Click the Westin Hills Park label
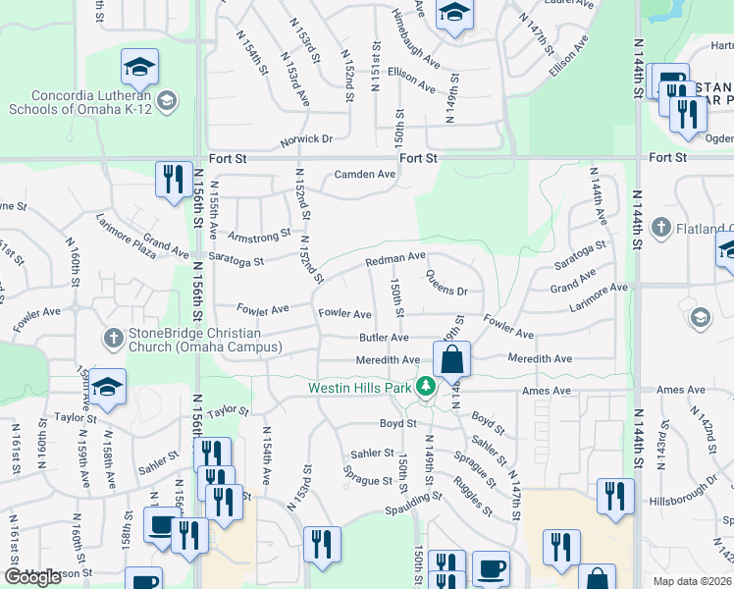pyautogui.click(x=360, y=388)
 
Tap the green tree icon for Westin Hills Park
pyautogui.click(x=426, y=387)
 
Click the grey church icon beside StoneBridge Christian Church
pyautogui.click(x=114, y=340)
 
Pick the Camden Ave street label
pyautogui.click(x=364, y=175)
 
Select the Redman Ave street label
pyautogui.click(x=394, y=260)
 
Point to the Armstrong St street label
pyautogui.click(x=259, y=236)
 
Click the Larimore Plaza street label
pyautogui.click(x=125, y=245)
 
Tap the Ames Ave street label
pyautogui.click(x=547, y=391)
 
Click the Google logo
pyautogui.click(x=32, y=577)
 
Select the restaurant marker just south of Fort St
pyautogui.click(x=174, y=180)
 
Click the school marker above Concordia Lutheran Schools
pyautogui.click(x=139, y=68)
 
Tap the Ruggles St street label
pyautogui.click(x=473, y=496)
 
